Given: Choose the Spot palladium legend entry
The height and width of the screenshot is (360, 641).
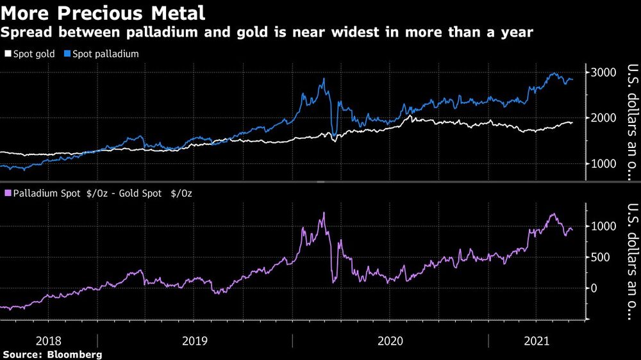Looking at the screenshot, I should point(105,54).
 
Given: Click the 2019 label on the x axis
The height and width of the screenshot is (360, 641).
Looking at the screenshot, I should point(194,341).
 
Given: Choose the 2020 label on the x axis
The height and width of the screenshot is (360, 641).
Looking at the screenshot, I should point(390,341).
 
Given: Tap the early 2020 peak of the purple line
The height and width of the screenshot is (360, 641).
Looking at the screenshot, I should point(324,213).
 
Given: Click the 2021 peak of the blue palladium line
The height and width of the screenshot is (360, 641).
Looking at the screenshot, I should point(553,73).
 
